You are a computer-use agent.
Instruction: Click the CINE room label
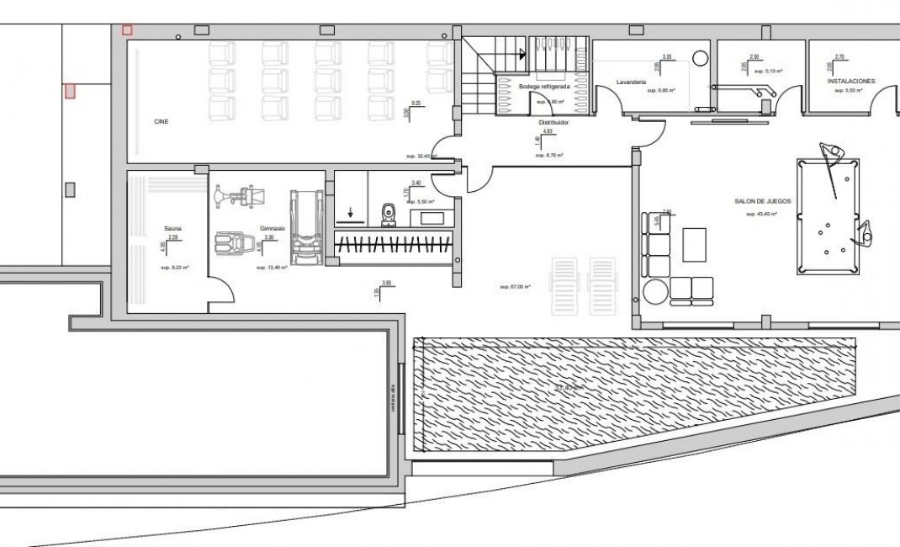[x=161, y=121]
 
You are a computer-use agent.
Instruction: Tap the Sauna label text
[x=173, y=228]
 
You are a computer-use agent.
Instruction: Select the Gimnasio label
[x=272, y=228]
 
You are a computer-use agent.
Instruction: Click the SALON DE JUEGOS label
[x=761, y=202]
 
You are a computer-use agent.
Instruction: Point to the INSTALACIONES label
[x=851, y=81]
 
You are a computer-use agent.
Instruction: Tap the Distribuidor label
[x=553, y=121]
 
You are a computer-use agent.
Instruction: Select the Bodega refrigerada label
[x=544, y=87]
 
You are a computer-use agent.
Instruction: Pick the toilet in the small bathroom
[x=388, y=214]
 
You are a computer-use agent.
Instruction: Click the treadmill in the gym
[x=305, y=226]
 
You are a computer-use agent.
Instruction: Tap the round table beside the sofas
[x=655, y=290]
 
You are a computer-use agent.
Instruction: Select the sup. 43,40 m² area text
[x=761, y=215]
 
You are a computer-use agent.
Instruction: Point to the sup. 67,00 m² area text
[x=515, y=287]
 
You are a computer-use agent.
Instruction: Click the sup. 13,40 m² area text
[x=272, y=267]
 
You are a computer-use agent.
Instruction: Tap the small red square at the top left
[x=127, y=30]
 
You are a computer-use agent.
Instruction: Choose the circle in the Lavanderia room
[x=700, y=57]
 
